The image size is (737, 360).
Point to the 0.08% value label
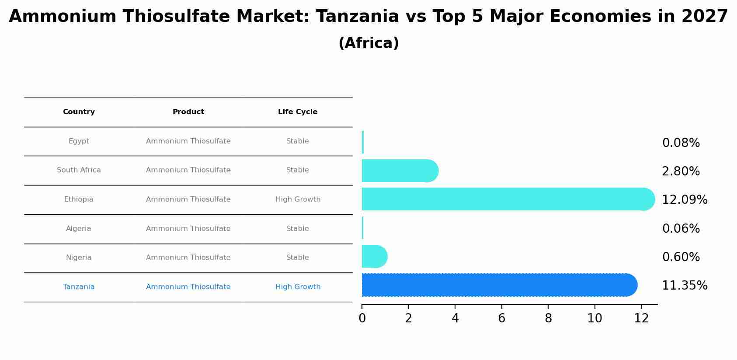681,143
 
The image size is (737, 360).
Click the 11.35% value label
684,286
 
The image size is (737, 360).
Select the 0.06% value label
681,229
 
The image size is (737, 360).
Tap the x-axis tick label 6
501,318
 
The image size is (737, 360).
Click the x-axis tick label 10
594,318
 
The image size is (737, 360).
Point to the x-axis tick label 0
362,318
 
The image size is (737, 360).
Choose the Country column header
79,112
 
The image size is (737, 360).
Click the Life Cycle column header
298,112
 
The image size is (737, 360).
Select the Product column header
188,112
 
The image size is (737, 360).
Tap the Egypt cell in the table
79,141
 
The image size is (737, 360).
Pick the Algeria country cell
79,229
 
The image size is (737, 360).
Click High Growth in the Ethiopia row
298,199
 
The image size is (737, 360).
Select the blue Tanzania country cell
79,287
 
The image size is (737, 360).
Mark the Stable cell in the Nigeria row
298,258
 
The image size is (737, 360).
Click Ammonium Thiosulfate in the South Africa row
188,170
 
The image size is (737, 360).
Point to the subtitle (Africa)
368,43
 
